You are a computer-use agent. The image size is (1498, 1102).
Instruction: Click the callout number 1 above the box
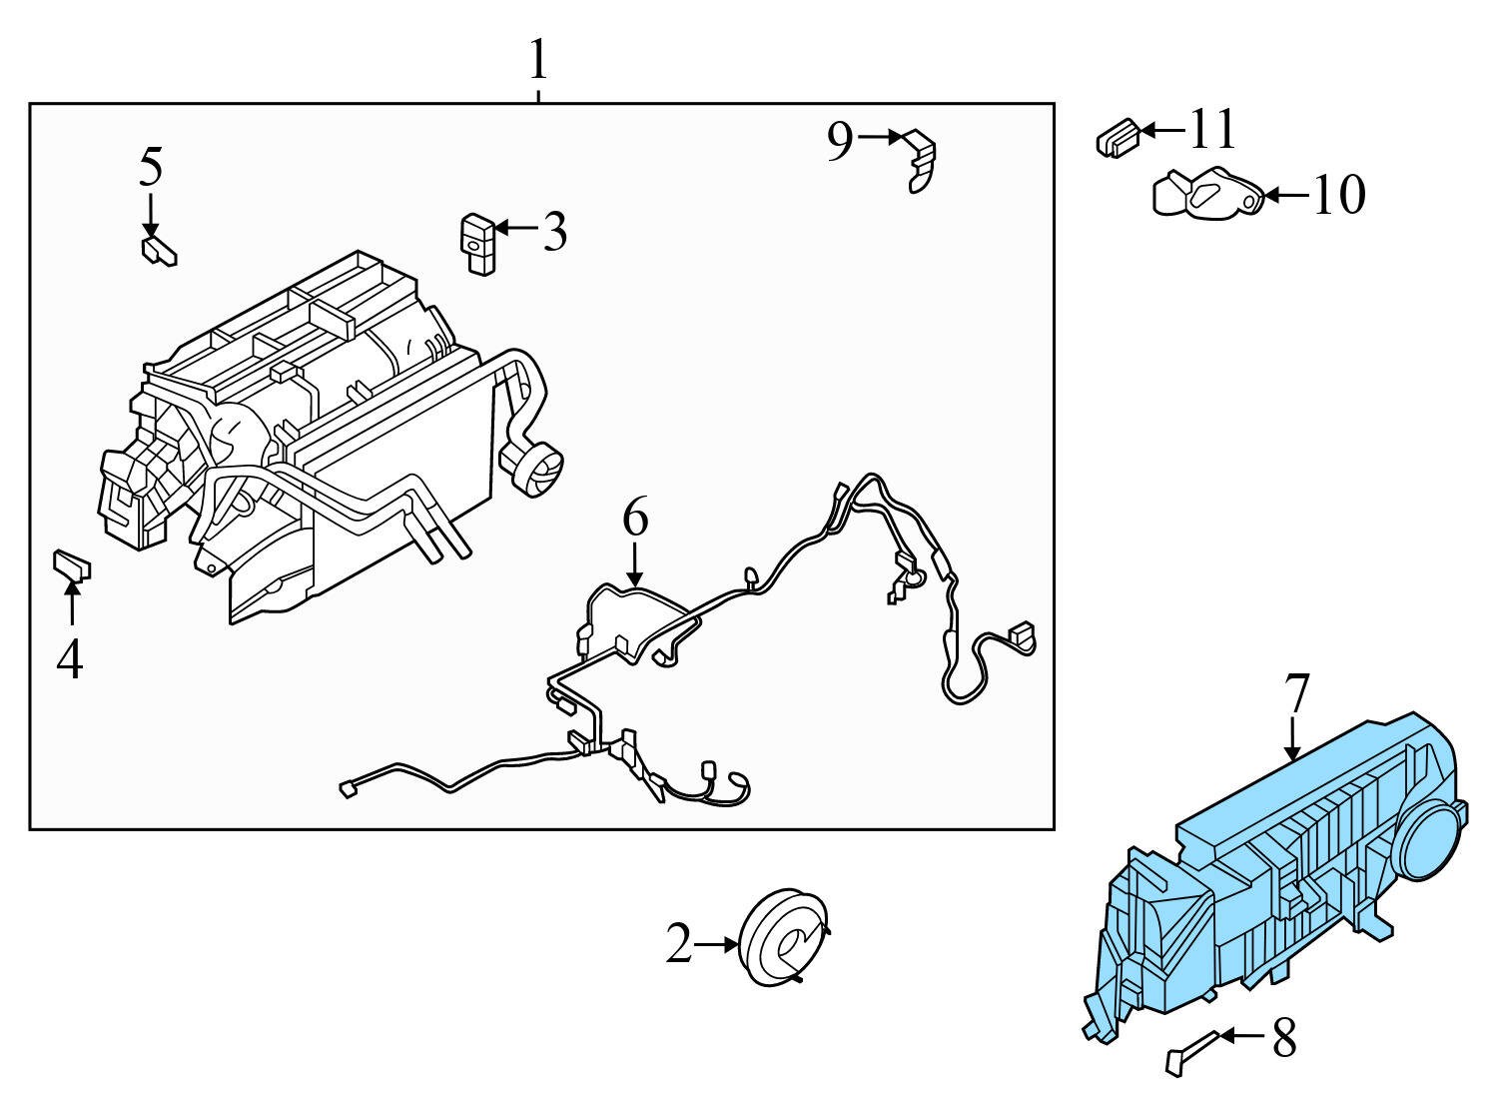[538, 62]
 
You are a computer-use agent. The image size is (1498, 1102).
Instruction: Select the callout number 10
[1337, 195]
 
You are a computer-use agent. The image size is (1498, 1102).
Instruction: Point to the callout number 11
[1212, 129]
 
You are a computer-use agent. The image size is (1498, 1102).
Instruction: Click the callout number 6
[635, 519]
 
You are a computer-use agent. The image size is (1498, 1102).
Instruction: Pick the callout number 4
[69, 659]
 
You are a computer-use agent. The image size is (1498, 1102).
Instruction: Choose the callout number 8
[1283, 1038]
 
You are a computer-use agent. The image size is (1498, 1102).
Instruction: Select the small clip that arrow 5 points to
[159, 250]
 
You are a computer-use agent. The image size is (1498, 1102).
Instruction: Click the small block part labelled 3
[476, 242]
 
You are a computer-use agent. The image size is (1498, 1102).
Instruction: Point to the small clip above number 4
[71, 565]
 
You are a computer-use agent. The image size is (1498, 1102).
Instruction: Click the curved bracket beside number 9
[922, 159]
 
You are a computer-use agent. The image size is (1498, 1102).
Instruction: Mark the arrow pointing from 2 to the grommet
[716, 944]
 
